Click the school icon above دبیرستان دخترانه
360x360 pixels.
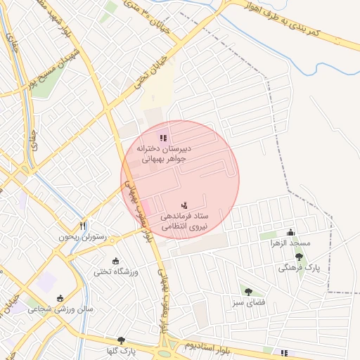tap(163, 139)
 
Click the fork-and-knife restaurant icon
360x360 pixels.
tap(83, 226)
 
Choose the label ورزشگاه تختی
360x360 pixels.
tap(116, 271)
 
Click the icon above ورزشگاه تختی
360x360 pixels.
tap(116, 262)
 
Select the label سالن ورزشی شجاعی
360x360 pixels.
tap(60, 309)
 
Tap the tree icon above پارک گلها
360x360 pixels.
tap(121, 340)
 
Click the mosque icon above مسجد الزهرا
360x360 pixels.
tap(290, 233)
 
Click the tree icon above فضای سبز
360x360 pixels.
tap(247, 291)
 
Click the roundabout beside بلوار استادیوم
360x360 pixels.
tap(173, 346)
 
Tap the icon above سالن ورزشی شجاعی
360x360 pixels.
tap(60, 298)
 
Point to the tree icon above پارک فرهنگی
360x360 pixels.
tap(299, 257)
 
